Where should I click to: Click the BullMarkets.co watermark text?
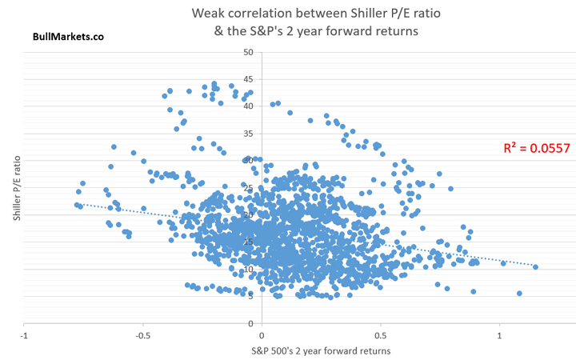point(68,36)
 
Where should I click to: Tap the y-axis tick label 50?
point(248,52)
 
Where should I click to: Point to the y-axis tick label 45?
point(248,79)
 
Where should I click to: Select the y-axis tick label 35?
point(248,134)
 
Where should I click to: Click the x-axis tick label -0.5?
point(142,334)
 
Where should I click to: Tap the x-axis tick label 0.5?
point(380,334)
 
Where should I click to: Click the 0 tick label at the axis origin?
point(262,334)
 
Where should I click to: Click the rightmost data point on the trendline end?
point(535,267)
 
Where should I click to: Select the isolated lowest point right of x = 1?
point(519,294)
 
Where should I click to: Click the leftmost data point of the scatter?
point(77,205)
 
